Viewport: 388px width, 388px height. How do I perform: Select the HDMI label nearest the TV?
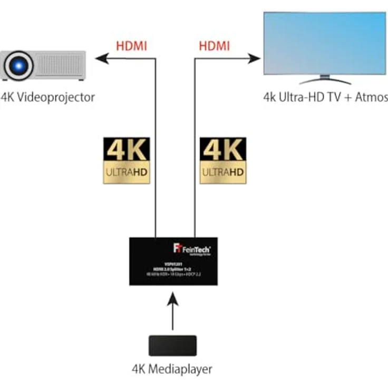click(214, 46)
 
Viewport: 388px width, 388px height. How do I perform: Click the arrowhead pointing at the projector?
click(101, 59)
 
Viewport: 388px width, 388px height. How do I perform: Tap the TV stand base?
click(325, 82)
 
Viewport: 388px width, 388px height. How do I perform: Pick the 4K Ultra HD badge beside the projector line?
click(127, 160)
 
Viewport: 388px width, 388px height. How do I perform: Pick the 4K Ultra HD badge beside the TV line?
click(223, 160)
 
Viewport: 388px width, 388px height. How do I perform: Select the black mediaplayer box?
click(172, 345)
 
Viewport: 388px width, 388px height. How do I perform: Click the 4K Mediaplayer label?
click(172, 368)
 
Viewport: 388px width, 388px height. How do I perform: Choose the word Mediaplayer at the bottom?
click(180, 368)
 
